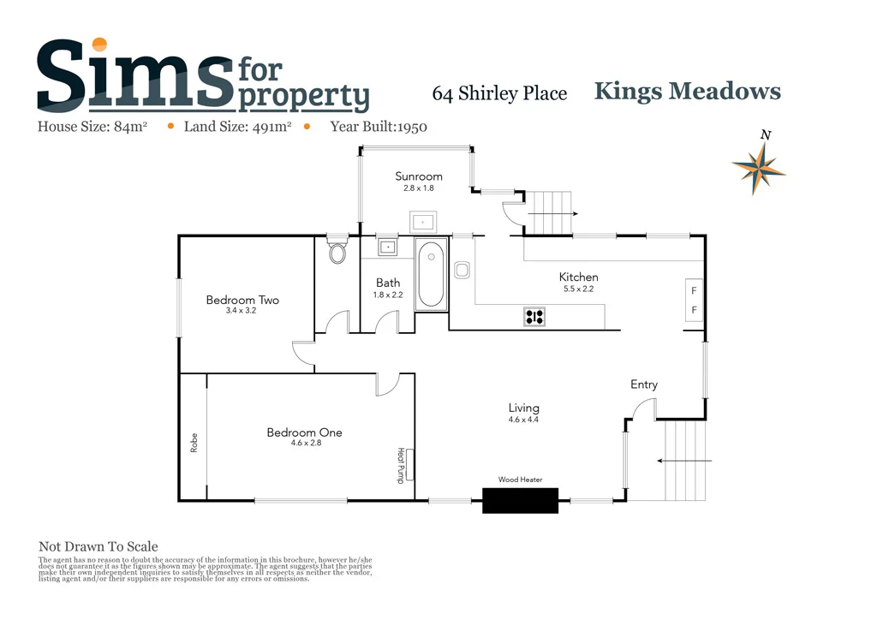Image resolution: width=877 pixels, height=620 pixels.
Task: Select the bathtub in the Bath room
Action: pyautogui.click(x=431, y=276)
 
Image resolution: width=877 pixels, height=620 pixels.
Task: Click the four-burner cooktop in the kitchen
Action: pyautogui.click(x=534, y=317)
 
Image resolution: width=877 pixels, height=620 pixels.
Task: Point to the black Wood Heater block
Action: pyautogui.click(x=520, y=500)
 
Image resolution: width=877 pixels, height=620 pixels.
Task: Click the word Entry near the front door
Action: pyautogui.click(x=644, y=385)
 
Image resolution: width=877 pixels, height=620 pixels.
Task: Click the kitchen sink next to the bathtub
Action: pyautogui.click(x=462, y=271)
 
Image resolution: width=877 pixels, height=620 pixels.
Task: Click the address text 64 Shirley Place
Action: pyautogui.click(x=499, y=93)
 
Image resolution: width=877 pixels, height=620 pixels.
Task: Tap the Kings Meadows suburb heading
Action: pyautogui.click(x=687, y=91)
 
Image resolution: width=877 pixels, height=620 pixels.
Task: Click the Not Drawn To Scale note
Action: pyautogui.click(x=98, y=546)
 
